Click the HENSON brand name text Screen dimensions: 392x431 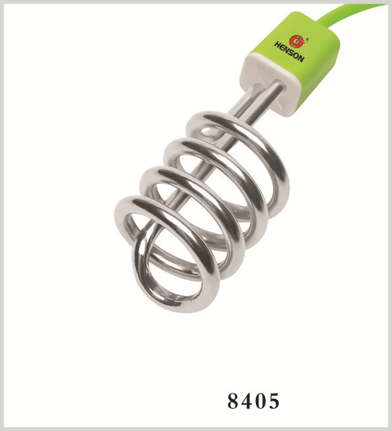point(289,52)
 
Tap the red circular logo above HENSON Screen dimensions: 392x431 point(299,41)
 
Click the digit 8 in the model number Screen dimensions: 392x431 point(233,401)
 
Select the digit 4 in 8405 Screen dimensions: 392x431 point(247,401)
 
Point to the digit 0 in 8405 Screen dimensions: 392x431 point(260,401)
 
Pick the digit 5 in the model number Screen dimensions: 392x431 point(274,401)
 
